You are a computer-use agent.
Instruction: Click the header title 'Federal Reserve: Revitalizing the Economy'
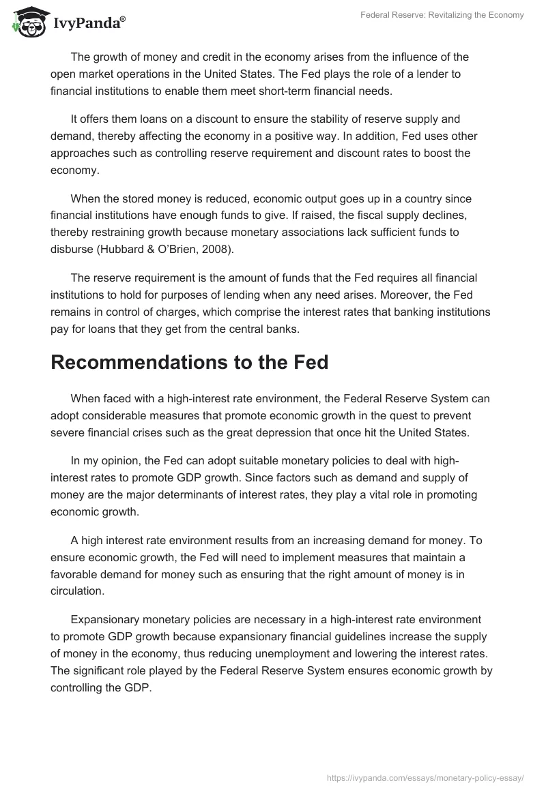[442, 15]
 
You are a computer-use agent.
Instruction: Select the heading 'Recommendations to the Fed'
[189, 362]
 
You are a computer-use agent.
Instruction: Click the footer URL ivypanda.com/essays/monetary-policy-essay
[425, 777]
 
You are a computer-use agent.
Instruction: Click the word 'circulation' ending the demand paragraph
[77, 591]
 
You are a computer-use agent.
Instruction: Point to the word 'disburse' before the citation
[71, 249]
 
